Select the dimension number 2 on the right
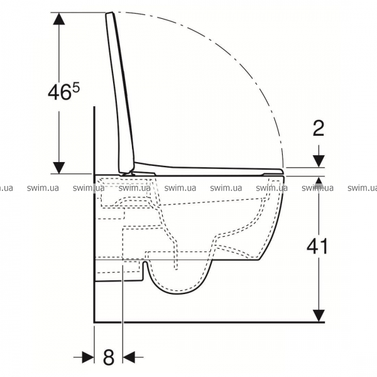319,128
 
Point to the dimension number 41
317,246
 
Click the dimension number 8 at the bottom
109,358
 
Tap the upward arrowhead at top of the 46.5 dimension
59,18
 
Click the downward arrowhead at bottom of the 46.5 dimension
59,168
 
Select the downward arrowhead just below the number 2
319,161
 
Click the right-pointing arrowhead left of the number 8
88,358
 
